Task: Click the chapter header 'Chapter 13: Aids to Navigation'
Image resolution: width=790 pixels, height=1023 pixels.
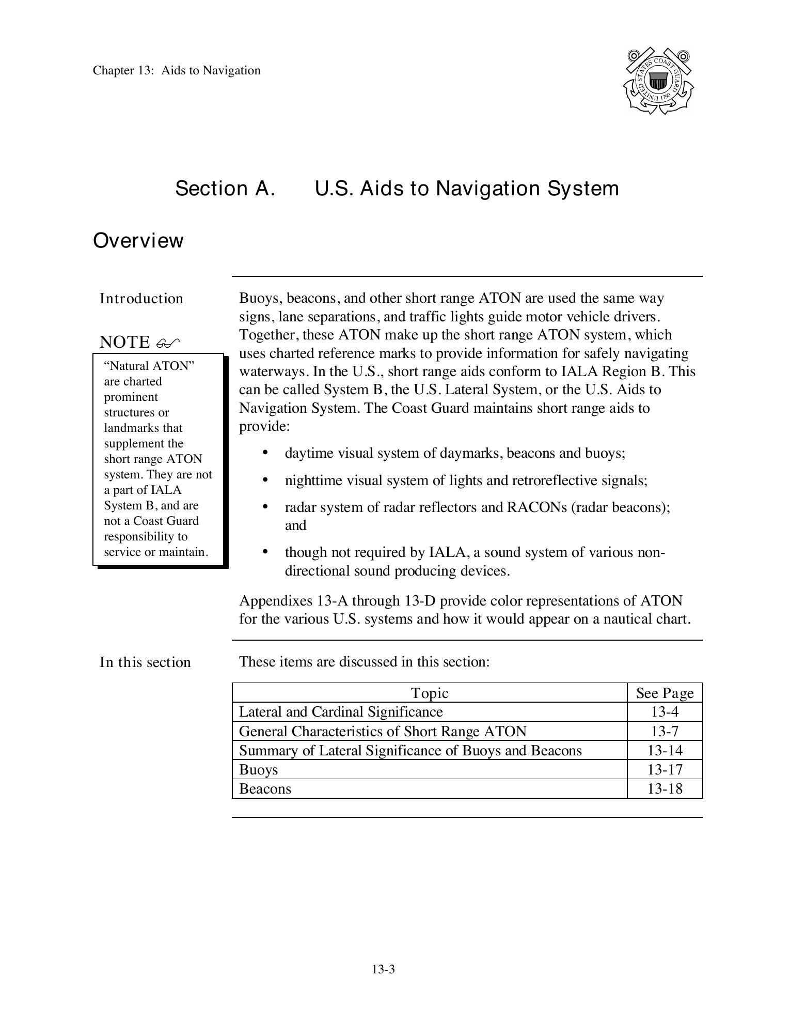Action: click(x=177, y=70)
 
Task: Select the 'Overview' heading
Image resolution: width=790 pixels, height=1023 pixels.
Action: click(x=138, y=241)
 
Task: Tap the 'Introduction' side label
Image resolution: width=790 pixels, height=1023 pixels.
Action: click(x=141, y=299)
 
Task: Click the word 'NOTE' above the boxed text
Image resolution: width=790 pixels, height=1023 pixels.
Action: click(x=124, y=342)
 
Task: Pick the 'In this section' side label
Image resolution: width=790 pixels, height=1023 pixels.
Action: click(x=145, y=662)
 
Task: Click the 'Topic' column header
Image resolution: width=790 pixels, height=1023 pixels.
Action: click(x=429, y=693)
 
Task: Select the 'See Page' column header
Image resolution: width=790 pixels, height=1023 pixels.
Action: click(x=665, y=693)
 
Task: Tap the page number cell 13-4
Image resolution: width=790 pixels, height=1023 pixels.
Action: click(x=665, y=712)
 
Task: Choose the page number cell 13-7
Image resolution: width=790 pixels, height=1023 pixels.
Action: click(x=665, y=731)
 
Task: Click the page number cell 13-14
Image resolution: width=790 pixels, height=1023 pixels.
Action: click(x=665, y=750)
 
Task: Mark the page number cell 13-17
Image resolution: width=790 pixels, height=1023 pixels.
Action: click(x=665, y=769)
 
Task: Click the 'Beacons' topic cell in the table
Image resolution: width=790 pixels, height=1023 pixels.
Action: click(x=265, y=789)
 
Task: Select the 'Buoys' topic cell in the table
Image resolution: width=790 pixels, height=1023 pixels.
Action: click(x=258, y=770)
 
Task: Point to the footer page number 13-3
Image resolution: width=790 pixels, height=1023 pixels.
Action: click(x=383, y=969)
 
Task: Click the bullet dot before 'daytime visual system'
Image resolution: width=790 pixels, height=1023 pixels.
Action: click(x=265, y=453)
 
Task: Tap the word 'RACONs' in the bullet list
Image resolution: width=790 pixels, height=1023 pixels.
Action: click(x=537, y=507)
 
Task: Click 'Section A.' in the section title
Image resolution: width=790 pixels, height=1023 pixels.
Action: click(x=225, y=189)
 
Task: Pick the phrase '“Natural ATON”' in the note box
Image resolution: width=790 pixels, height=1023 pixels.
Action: click(x=149, y=366)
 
